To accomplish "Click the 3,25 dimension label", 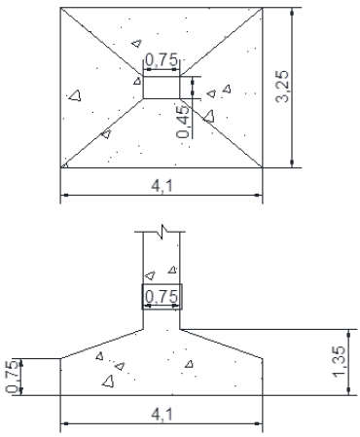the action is pyautogui.click(x=282, y=87).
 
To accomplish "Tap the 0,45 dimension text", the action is pyautogui.click(x=183, y=122).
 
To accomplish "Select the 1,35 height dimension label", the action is pyautogui.click(x=339, y=362).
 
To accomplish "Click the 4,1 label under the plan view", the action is pyautogui.click(x=162, y=186).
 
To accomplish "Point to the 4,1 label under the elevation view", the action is pyautogui.click(x=162, y=415).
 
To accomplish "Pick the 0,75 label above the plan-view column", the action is pyautogui.click(x=162, y=60).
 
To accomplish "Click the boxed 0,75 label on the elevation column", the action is pyautogui.click(x=162, y=297).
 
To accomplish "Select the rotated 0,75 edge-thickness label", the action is pyautogui.click(x=12, y=377).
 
